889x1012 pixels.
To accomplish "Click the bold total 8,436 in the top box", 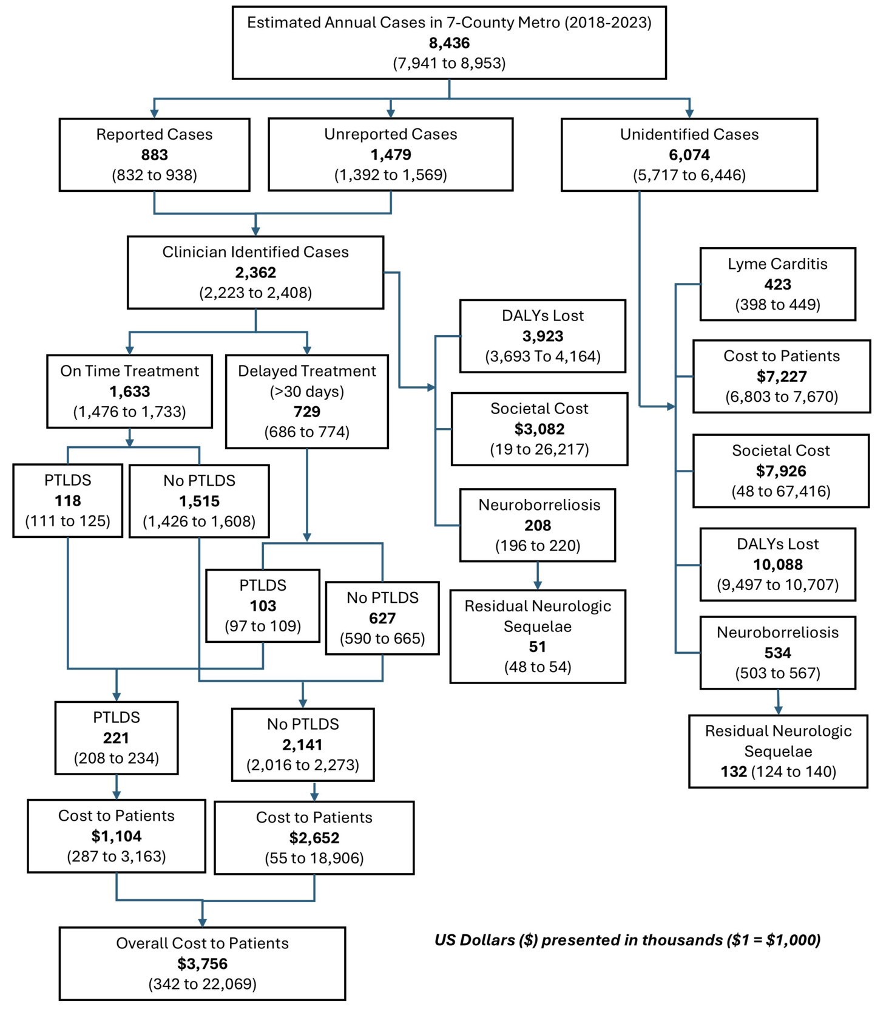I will coord(449,43).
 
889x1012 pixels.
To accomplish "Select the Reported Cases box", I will coord(154,154).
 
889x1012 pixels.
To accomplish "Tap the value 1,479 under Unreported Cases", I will coord(390,155).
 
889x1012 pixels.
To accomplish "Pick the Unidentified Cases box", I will coord(689,154).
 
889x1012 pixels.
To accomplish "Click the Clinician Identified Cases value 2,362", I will coord(255,273).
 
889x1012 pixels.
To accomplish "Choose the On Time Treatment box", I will coord(129,391).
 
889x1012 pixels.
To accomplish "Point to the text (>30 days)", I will coord(306,392).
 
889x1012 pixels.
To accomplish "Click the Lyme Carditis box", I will coord(777,284).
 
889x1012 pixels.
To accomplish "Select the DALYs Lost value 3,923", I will coord(543,336).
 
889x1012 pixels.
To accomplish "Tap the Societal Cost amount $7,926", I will coord(780,471).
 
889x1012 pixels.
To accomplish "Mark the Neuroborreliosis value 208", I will coord(537,526).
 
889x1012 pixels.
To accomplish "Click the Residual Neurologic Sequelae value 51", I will coord(537,647).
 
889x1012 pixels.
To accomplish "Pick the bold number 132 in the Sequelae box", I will coord(733,772).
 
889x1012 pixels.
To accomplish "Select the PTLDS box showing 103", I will coord(262,605).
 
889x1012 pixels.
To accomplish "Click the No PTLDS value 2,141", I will coord(302,745).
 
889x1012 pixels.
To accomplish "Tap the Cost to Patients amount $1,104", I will coord(116,837).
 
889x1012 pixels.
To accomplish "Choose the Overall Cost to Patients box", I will coord(202,963).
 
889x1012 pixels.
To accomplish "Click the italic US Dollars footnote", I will coord(627,940).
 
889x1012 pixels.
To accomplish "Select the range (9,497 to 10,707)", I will coord(777,585).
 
